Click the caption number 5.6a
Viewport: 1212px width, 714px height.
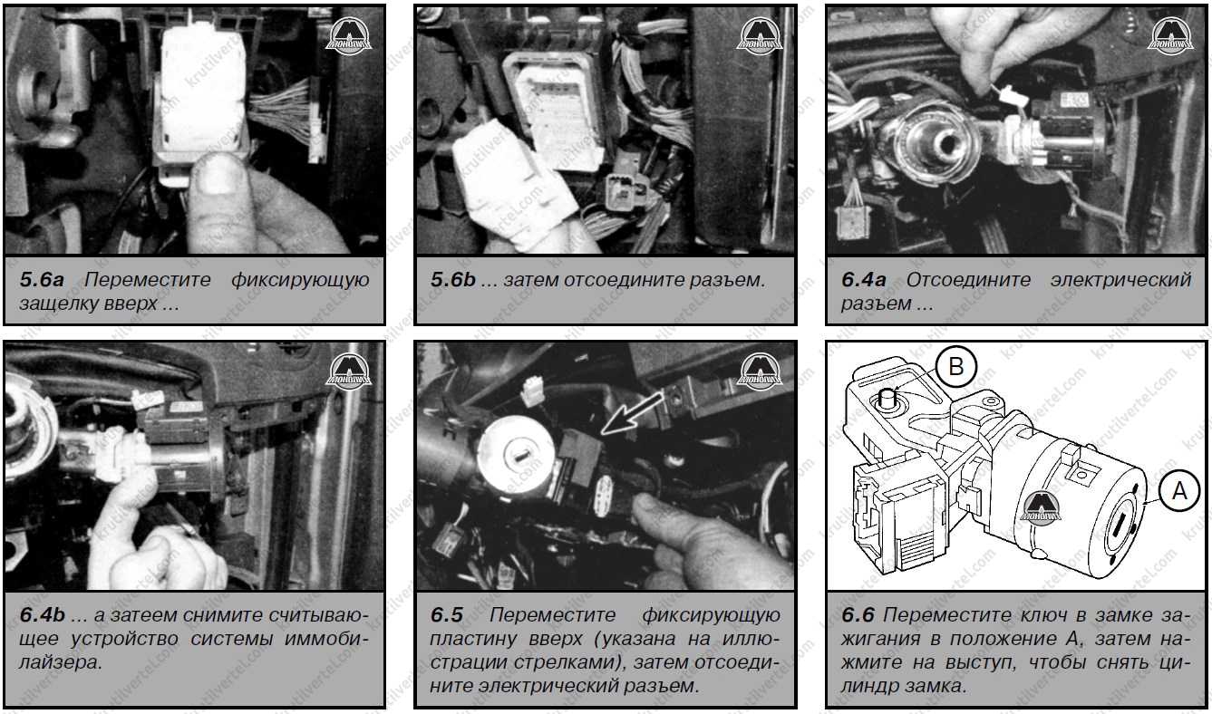click(x=42, y=280)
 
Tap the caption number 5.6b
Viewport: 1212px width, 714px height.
click(x=453, y=280)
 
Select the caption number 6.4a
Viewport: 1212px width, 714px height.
click(x=864, y=280)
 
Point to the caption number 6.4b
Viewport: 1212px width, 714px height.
click(x=43, y=615)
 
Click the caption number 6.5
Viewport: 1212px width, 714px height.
click(x=446, y=615)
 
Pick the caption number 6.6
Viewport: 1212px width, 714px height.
click(x=858, y=615)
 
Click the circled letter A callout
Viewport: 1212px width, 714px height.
click(x=1179, y=491)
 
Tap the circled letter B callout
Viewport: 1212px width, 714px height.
click(x=956, y=367)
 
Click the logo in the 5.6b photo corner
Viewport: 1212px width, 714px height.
click(x=759, y=36)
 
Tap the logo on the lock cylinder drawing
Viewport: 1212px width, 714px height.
click(x=1041, y=508)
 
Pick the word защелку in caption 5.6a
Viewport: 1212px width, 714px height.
click(x=57, y=304)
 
